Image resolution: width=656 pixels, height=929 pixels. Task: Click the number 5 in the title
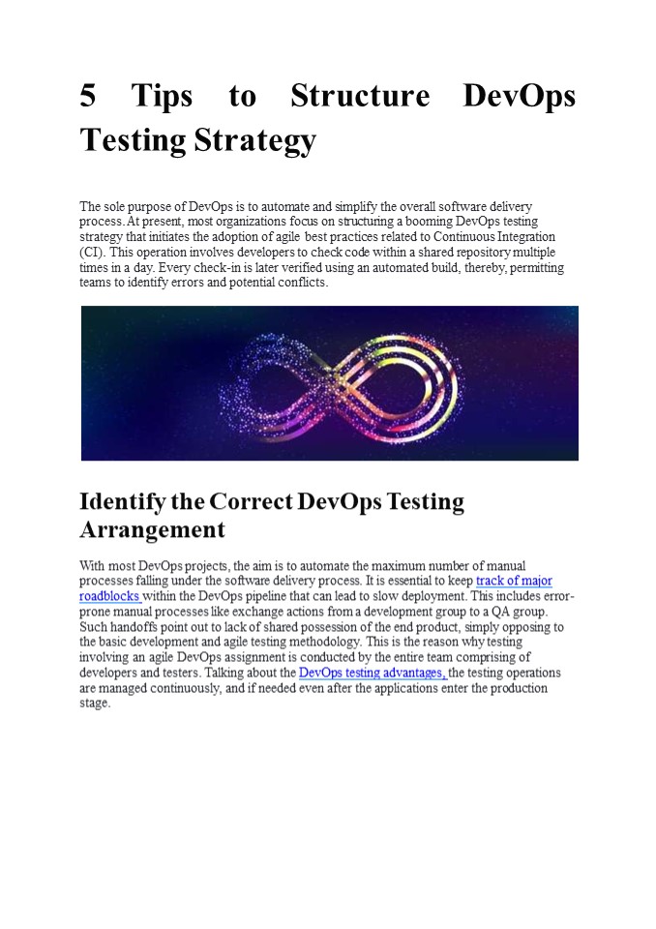tap(87, 97)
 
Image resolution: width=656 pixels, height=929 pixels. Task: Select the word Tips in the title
tap(162, 97)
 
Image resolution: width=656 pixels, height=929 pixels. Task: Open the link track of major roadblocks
tap(514, 581)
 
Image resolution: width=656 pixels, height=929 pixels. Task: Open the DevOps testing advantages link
tap(372, 673)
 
